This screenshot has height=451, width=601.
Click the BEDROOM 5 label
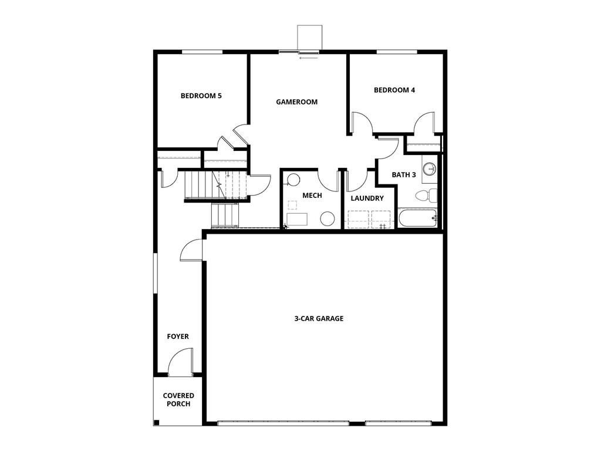tap(201, 96)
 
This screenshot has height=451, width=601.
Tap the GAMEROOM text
tap(297, 102)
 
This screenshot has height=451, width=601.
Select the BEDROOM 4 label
tap(394, 90)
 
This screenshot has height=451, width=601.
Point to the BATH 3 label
tap(404, 174)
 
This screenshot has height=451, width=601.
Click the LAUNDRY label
tap(367, 198)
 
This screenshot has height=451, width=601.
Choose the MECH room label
tap(312, 195)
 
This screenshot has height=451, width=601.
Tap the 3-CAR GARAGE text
tap(319, 318)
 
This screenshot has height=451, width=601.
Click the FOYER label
tap(178, 336)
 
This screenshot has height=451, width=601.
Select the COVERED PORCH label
tap(178, 399)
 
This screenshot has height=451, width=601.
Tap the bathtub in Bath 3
tap(418, 218)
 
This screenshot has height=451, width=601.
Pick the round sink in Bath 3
tap(429, 169)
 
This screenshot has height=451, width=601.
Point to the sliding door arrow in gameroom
tap(308, 58)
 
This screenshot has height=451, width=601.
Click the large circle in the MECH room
tap(327, 219)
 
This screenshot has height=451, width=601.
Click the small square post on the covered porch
tap(156, 423)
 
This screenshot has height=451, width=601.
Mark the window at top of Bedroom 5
tap(201, 52)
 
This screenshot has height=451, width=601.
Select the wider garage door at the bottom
tap(283, 422)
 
